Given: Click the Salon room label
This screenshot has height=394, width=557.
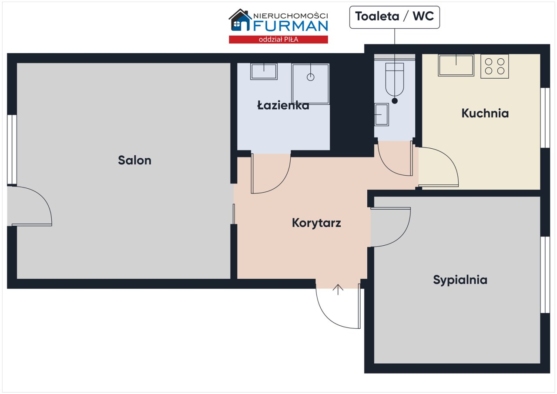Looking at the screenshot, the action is (134, 160).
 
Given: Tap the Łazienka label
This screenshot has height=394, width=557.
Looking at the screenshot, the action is (283, 105).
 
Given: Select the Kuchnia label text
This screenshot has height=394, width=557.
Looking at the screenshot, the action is (485, 113).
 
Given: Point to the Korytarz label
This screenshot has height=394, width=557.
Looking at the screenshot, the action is (316, 223).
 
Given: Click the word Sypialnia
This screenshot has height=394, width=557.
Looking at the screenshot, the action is (460, 280).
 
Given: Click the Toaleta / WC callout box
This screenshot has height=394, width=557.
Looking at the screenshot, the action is (394, 17).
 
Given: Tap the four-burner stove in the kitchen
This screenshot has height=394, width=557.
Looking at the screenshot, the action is (495, 67).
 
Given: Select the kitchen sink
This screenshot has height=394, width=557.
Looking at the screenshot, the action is (456, 65).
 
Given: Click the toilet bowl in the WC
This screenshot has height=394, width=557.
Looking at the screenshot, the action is (395, 80).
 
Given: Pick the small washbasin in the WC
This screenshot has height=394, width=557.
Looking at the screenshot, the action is (382, 114).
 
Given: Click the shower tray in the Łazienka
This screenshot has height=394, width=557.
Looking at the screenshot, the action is (311, 84).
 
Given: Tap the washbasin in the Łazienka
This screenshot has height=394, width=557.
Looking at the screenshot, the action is (264, 72).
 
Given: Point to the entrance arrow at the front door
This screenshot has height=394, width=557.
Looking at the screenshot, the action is (338, 290).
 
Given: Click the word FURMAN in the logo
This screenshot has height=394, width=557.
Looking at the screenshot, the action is (291, 26).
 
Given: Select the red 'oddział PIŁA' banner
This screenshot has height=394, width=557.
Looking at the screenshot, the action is (278, 40).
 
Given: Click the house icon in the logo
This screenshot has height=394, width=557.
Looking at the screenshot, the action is (240, 20).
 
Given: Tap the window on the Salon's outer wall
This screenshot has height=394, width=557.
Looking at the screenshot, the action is (12, 150).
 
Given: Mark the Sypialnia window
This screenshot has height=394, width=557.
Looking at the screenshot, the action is (545, 275).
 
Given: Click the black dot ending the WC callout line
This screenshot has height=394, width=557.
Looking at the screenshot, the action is (395, 101).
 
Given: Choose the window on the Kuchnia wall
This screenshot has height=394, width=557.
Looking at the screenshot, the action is (545, 118).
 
